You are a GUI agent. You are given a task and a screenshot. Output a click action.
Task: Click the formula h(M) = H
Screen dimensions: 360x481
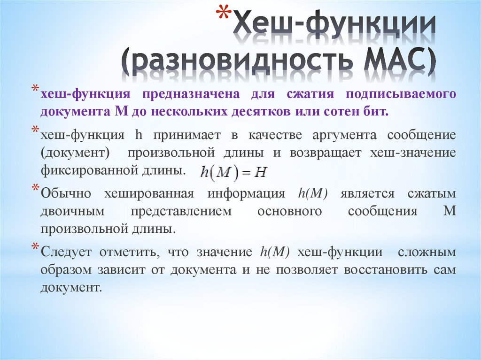coord(233,172)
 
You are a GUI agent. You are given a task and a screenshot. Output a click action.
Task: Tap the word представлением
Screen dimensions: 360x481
coord(188,211)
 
